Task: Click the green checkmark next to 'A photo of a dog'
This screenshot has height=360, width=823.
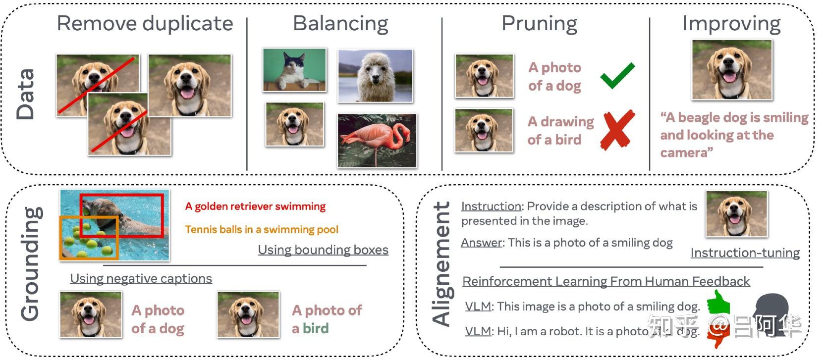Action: pos(617,75)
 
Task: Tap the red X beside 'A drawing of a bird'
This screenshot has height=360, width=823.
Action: pos(617,130)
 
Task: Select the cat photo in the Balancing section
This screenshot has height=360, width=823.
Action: pos(294,70)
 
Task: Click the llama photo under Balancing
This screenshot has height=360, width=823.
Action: pos(375,76)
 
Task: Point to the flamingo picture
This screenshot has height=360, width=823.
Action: pos(377,141)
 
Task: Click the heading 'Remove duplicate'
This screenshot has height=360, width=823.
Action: pos(145,24)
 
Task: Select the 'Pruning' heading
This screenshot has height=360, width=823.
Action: pos(539,24)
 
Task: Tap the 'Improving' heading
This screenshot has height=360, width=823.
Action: pos(731,24)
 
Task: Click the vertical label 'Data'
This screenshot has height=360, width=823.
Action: pos(26,94)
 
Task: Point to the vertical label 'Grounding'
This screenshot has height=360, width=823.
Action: pos(31,263)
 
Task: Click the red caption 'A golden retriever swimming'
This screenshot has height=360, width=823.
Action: pos(255,206)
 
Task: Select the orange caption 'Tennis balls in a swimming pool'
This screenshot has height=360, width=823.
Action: pos(262,230)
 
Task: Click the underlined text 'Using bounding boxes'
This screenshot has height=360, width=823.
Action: pos(323,250)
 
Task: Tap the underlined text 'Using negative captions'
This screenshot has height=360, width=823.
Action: pos(141,279)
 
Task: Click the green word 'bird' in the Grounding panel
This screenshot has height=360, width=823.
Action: pos(316,329)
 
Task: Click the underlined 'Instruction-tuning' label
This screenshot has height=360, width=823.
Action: pos(745,253)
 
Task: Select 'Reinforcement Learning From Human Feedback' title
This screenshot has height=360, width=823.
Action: pos(605,282)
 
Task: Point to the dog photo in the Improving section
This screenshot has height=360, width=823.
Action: pos(731,70)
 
